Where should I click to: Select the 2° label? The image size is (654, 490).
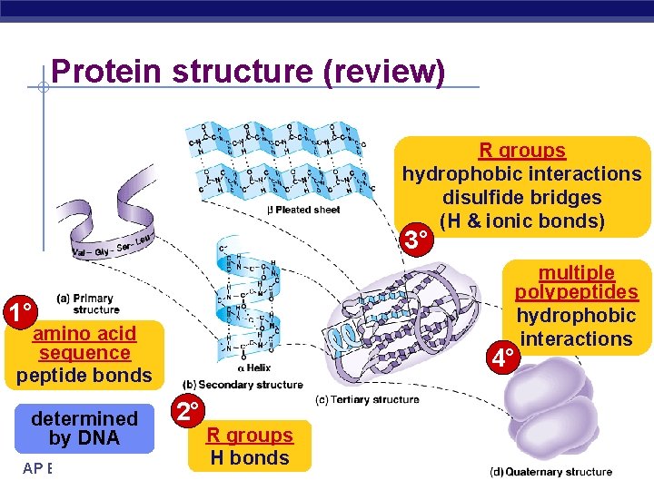[x=189, y=413]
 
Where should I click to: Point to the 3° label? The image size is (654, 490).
[x=416, y=241]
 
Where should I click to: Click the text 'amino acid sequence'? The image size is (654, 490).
[x=84, y=344]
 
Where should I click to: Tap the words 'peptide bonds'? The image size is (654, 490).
[x=84, y=375]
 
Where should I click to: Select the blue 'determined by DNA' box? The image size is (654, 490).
[x=84, y=428]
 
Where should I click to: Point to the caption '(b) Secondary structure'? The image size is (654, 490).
[x=243, y=385]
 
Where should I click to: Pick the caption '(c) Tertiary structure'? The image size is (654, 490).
[x=367, y=400]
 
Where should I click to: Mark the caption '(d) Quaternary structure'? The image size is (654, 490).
[x=550, y=472]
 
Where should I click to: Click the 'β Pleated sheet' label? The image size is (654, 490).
[x=303, y=210]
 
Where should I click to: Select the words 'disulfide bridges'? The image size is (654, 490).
[x=522, y=198]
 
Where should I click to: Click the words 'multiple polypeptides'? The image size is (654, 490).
[x=576, y=282]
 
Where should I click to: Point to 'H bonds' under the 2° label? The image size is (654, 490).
[x=249, y=458]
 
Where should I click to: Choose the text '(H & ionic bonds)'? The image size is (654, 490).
[x=521, y=220]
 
